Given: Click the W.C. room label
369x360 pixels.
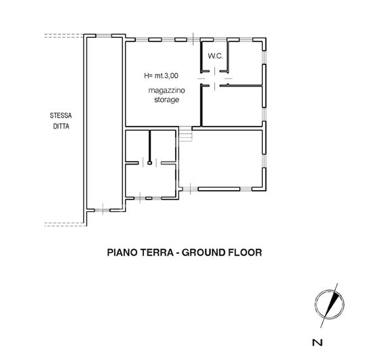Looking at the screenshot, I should coord(216,55).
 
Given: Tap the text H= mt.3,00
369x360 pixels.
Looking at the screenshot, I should coord(162,76).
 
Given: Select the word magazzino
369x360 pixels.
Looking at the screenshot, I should coord(165,90).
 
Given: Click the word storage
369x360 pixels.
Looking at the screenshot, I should coord(165,99).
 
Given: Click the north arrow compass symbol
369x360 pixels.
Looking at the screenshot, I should coord(327,302).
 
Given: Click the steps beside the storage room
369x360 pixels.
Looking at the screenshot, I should coord(187,135).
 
